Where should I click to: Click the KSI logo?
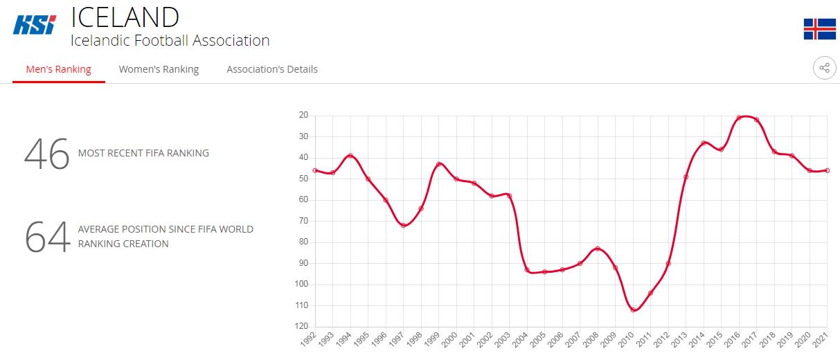35,25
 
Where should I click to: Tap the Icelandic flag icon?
819,29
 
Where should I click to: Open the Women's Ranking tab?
159,69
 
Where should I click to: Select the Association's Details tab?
272,69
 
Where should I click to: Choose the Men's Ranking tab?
58,69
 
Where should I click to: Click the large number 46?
46,154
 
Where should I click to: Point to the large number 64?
47,237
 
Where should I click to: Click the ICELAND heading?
125,17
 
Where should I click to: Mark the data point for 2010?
633,310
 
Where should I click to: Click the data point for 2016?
739,118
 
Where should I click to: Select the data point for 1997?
403,225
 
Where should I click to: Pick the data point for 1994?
350,156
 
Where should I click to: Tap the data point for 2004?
527,270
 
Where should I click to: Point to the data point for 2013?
686,177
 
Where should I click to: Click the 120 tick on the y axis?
303,326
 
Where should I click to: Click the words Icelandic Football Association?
170,41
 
